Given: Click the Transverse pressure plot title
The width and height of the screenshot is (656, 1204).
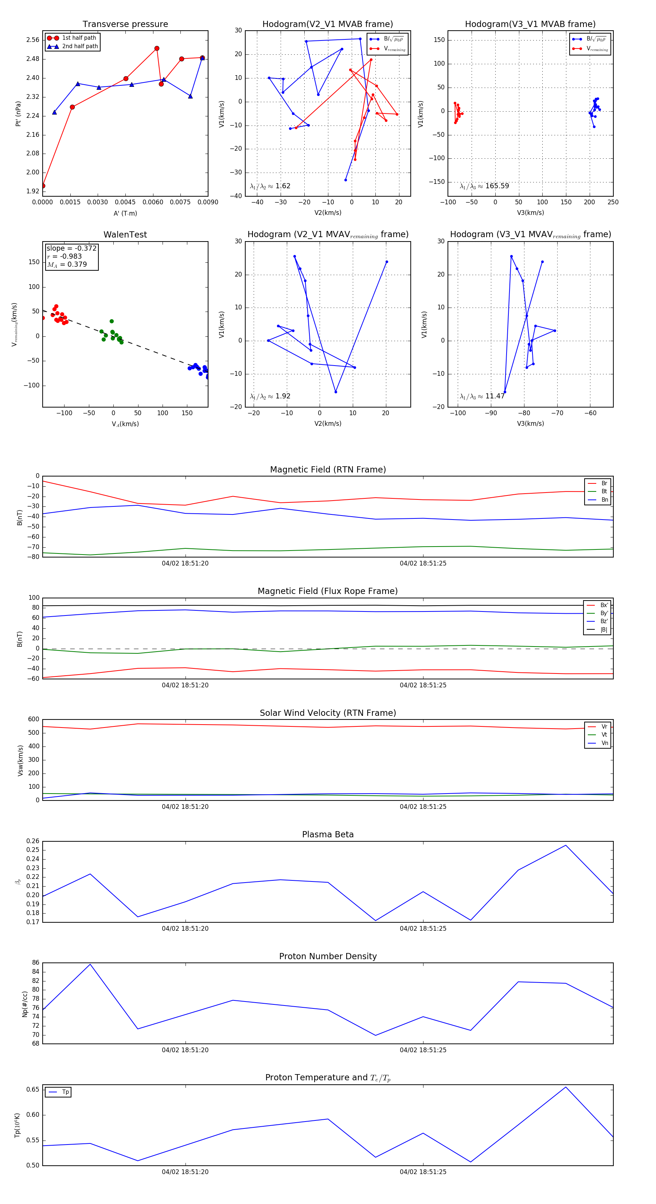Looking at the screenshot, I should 125,24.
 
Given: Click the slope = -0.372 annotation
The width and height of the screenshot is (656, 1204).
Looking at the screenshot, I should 71,248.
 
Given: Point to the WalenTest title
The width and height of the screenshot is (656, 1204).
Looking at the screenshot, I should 125,235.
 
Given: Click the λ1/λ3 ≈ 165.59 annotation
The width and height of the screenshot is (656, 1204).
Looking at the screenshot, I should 484,186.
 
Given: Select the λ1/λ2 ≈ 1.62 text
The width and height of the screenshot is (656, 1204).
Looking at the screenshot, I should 270,186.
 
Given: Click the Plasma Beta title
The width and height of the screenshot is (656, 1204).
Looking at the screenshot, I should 328,835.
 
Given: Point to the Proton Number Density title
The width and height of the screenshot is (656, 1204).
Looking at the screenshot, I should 328,956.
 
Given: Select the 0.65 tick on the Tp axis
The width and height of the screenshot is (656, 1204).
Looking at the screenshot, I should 33,1089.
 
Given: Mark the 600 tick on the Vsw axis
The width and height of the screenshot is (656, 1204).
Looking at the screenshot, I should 34,719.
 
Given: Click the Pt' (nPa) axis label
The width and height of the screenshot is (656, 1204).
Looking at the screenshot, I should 18,113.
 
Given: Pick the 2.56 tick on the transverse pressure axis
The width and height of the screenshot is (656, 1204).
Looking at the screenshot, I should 33,40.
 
